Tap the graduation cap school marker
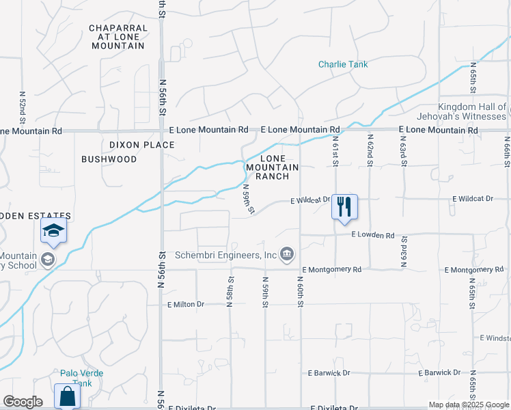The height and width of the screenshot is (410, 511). (53, 232)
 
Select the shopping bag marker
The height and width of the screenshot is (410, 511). (67, 396)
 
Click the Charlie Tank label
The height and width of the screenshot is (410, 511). (343, 64)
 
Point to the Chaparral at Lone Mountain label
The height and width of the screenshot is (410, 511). (118, 37)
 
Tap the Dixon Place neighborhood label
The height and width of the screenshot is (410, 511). (142, 145)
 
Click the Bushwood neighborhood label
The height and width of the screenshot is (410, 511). (109, 159)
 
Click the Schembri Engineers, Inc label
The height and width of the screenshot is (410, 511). (225, 255)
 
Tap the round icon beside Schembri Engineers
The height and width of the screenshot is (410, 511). (288, 255)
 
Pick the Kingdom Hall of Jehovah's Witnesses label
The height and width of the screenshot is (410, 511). (471, 111)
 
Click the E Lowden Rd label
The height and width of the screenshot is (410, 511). (373, 234)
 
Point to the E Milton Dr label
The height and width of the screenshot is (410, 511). (186, 304)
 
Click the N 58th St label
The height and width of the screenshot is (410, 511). (231, 291)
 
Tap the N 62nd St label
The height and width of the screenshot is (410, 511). (370, 152)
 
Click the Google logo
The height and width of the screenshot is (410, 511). (23, 402)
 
